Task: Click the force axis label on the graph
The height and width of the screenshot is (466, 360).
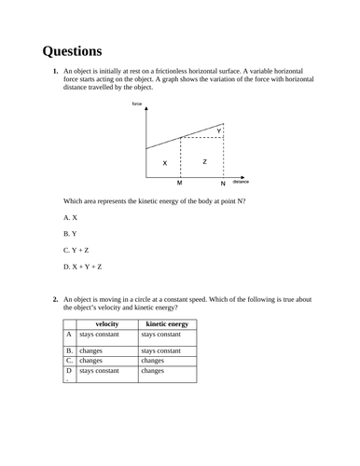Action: tap(137, 103)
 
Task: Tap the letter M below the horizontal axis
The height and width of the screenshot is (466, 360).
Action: tap(179, 184)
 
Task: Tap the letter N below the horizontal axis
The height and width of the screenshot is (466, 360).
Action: tap(223, 184)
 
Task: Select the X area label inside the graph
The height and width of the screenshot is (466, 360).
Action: tap(165, 163)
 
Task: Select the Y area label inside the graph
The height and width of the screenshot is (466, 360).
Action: tap(219, 131)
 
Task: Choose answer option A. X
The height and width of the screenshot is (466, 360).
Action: tap(71, 215)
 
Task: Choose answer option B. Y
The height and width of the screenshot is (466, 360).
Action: tap(70, 232)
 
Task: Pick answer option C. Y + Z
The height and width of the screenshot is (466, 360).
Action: tap(76, 250)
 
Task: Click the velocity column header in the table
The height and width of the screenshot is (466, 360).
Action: tap(106, 323)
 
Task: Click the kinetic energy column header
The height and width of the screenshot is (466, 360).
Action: tap(168, 323)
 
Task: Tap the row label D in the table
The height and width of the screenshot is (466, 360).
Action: tap(68, 370)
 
